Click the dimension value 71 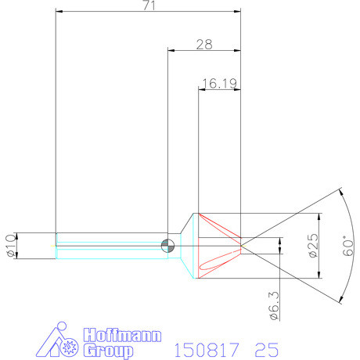tap(148, 6)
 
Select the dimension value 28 tap(204, 45)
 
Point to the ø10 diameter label tap(9, 246)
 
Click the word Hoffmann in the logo tap(121, 336)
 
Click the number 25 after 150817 tap(265, 347)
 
